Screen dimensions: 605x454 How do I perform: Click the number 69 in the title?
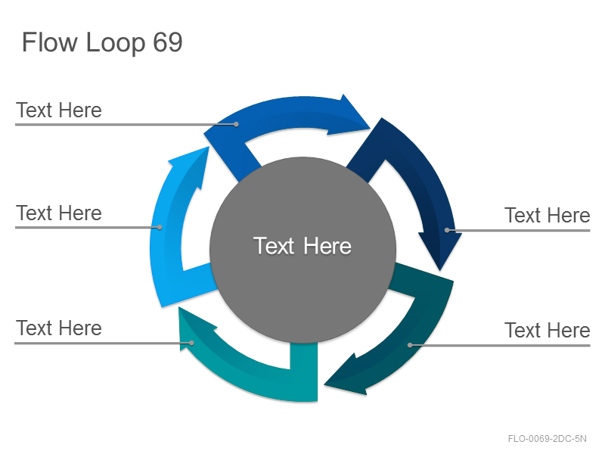click(167, 42)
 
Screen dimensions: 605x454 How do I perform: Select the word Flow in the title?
click(50, 42)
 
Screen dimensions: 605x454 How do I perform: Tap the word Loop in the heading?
click(116, 44)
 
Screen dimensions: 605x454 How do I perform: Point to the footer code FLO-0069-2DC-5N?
click(547, 439)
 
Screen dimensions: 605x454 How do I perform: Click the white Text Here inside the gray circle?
click(302, 246)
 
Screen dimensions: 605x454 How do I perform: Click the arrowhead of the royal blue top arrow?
click(349, 114)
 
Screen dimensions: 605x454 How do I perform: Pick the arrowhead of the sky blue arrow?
click(189, 166)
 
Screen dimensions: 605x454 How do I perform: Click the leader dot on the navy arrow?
click(447, 230)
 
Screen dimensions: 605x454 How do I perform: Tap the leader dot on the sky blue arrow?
click(160, 228)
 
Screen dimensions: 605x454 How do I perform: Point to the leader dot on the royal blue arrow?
click(236, 124)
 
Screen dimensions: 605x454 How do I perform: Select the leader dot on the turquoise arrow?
click(191, 343)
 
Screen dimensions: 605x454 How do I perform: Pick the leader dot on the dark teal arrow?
click(410, 345)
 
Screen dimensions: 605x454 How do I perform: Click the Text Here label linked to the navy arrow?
click(547, 215)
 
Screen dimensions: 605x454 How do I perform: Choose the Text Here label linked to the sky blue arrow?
click(59, 213)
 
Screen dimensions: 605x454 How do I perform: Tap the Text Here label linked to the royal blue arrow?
click(59, 110)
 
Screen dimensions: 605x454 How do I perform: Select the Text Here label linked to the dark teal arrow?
click(547, 330)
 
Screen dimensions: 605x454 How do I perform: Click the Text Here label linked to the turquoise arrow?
click(59, 328)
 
